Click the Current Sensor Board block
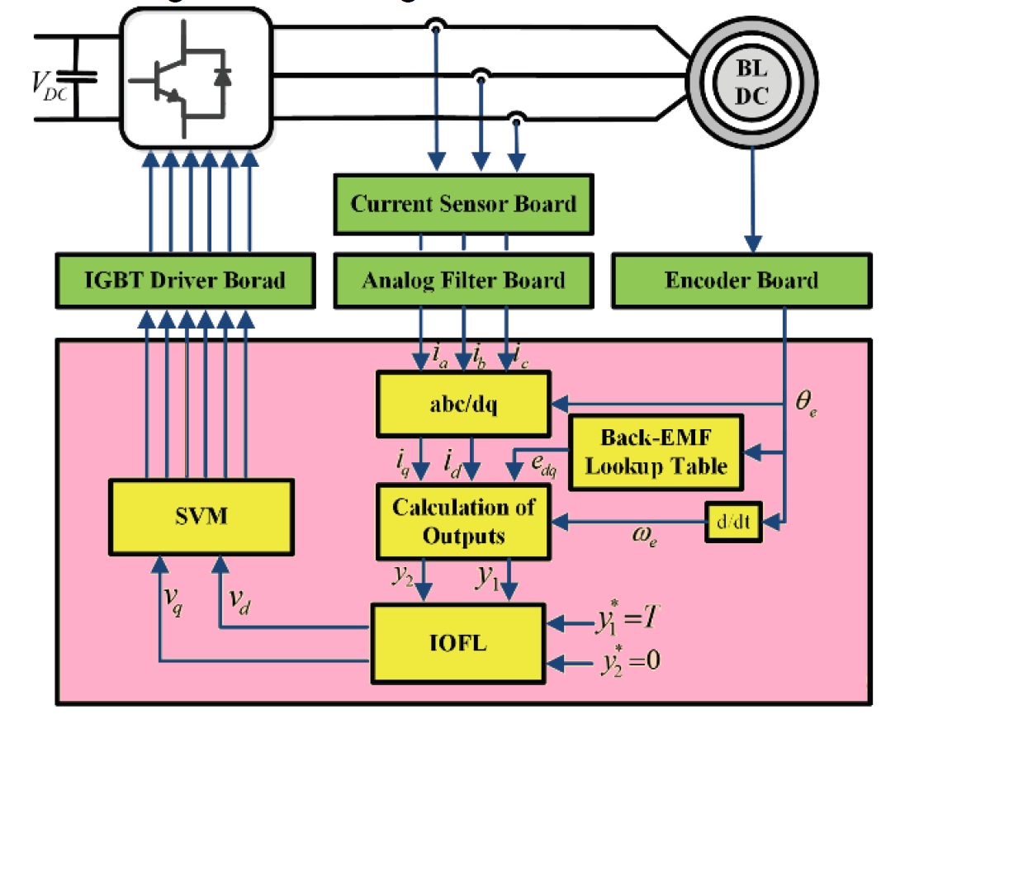coord(463,204)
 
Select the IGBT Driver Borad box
coord(185,281)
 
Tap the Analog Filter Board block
coord(463,281)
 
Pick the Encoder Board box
coord(741,281)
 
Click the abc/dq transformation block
coord(463,405)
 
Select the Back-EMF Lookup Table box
coord(656,452)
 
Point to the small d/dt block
coord(732,522)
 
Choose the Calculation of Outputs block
coord(463,522)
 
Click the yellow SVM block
coord(201,517)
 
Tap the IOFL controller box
coord(458,643)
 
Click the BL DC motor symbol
coord(751,83)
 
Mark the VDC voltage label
coord(49,86)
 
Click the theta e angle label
coord(806,403)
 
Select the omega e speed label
coord(645,536)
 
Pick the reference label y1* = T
coord(628,619)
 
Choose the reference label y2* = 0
coord(630,662)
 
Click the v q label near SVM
coord(173,600)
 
